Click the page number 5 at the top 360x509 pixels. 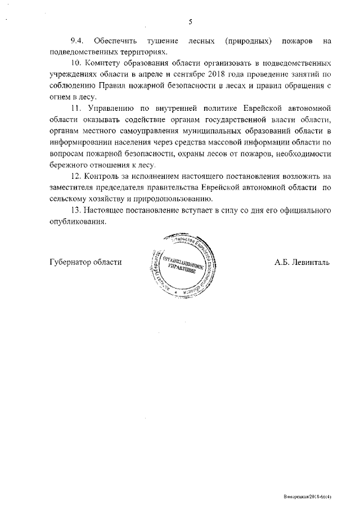pos(190,21)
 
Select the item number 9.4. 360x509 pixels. pos(77,41)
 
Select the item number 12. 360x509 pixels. pos(76,177)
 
